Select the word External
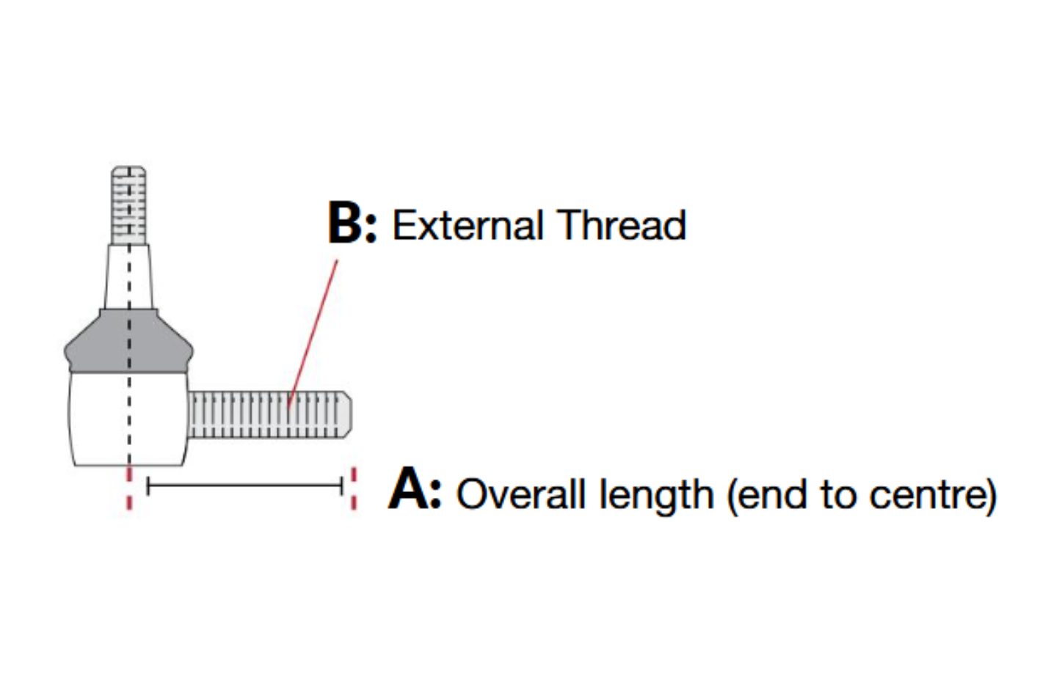(x=468, y=225)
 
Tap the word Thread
(x=621, y=224)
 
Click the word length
(x=656, y=496)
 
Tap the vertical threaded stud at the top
(x=129, y=206)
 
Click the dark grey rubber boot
(x=128, y=342)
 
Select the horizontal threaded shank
(x=269, y=414)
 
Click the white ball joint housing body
(x=128, y=419)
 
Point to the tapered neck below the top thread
(x=128, y=277)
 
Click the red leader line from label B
(x=313, y=334)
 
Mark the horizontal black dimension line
(x=245, y=485)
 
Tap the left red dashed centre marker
(x=129, y=488)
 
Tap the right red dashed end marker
(x=354, y=488)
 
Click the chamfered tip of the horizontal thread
(x=346, y=414)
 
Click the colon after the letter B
(x=371, y=227)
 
